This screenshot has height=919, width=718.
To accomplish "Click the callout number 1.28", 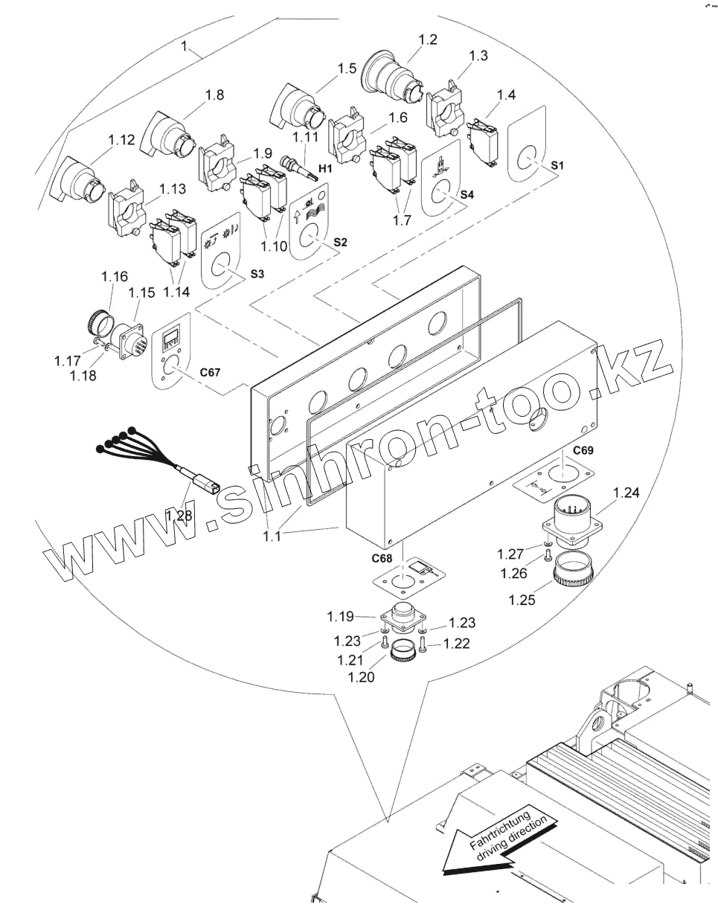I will coord(179,515).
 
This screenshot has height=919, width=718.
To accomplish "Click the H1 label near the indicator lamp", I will coord(324,170).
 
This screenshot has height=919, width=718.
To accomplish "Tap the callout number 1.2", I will coord(428,39).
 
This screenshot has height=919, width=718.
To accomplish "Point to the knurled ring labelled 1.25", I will coord(574,572).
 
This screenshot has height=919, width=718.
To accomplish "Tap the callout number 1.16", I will coord(115,277).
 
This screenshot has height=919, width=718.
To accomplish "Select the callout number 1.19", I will coord(341,616).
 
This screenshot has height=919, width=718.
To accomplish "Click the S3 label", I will coord(257,274).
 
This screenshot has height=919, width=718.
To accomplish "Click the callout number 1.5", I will coord(347,69).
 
